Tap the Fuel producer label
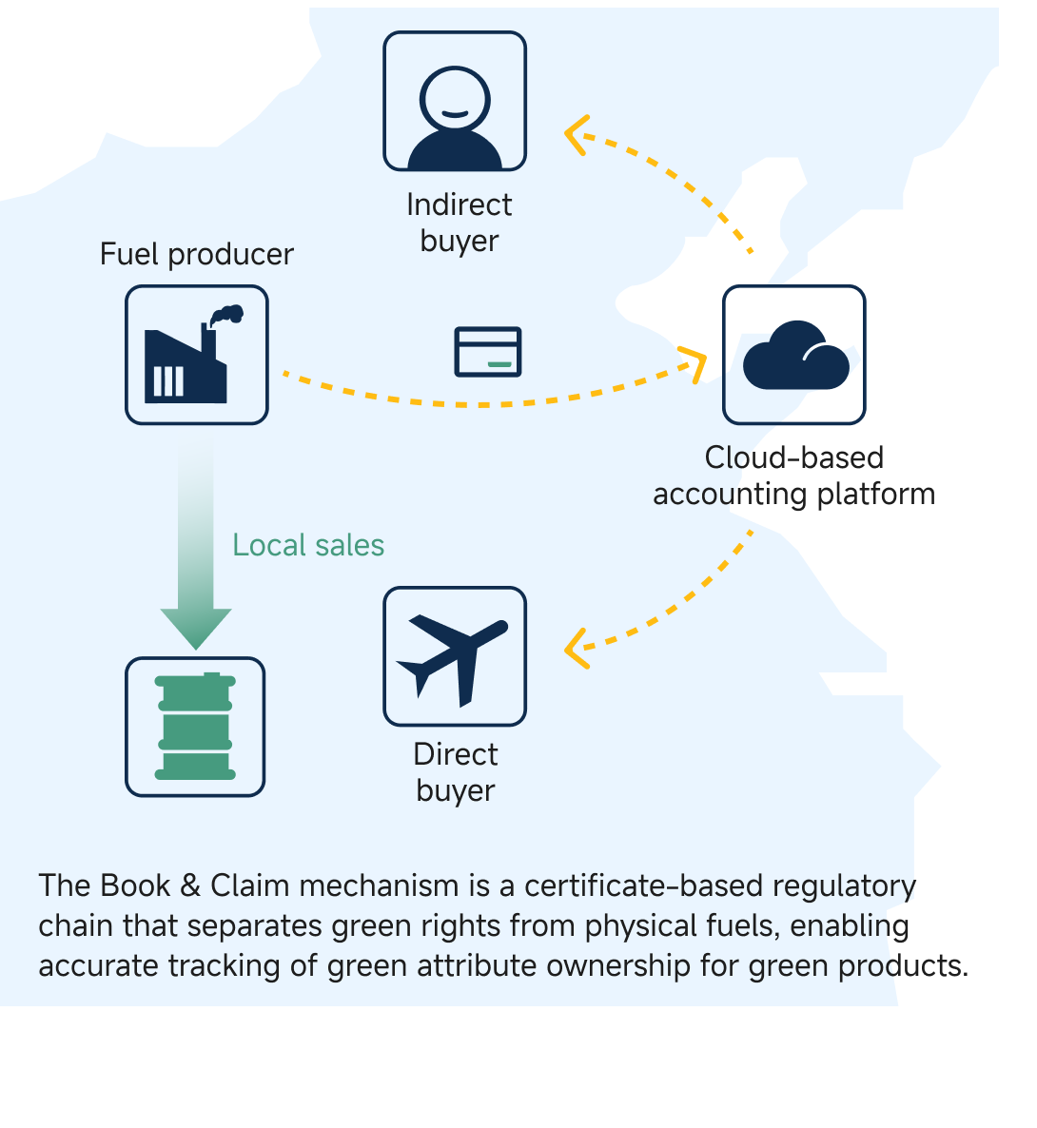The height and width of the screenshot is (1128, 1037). click(x=196, y=255)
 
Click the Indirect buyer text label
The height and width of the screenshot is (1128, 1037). click(x=459, y=223)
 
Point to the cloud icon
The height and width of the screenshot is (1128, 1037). click(x=794, y=356)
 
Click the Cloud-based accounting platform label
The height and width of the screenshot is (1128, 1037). click(x=793, y=476)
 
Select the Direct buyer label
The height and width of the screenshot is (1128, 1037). click(x=455, y=772)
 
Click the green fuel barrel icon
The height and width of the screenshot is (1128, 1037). click(x=195, y=727)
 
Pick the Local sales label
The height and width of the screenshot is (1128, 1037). click(x=308, y=545)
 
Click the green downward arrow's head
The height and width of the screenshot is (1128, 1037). click(x=196, y=627)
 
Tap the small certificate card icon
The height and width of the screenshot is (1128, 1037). click(x=487, y=352)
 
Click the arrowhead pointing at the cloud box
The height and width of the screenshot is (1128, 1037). click(x=695, y=362)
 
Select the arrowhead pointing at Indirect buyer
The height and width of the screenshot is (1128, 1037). click(x=575, y=134)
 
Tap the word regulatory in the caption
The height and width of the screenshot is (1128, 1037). click(x=844, y=885)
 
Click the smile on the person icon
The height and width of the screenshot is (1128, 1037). click(x=455, y=113)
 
